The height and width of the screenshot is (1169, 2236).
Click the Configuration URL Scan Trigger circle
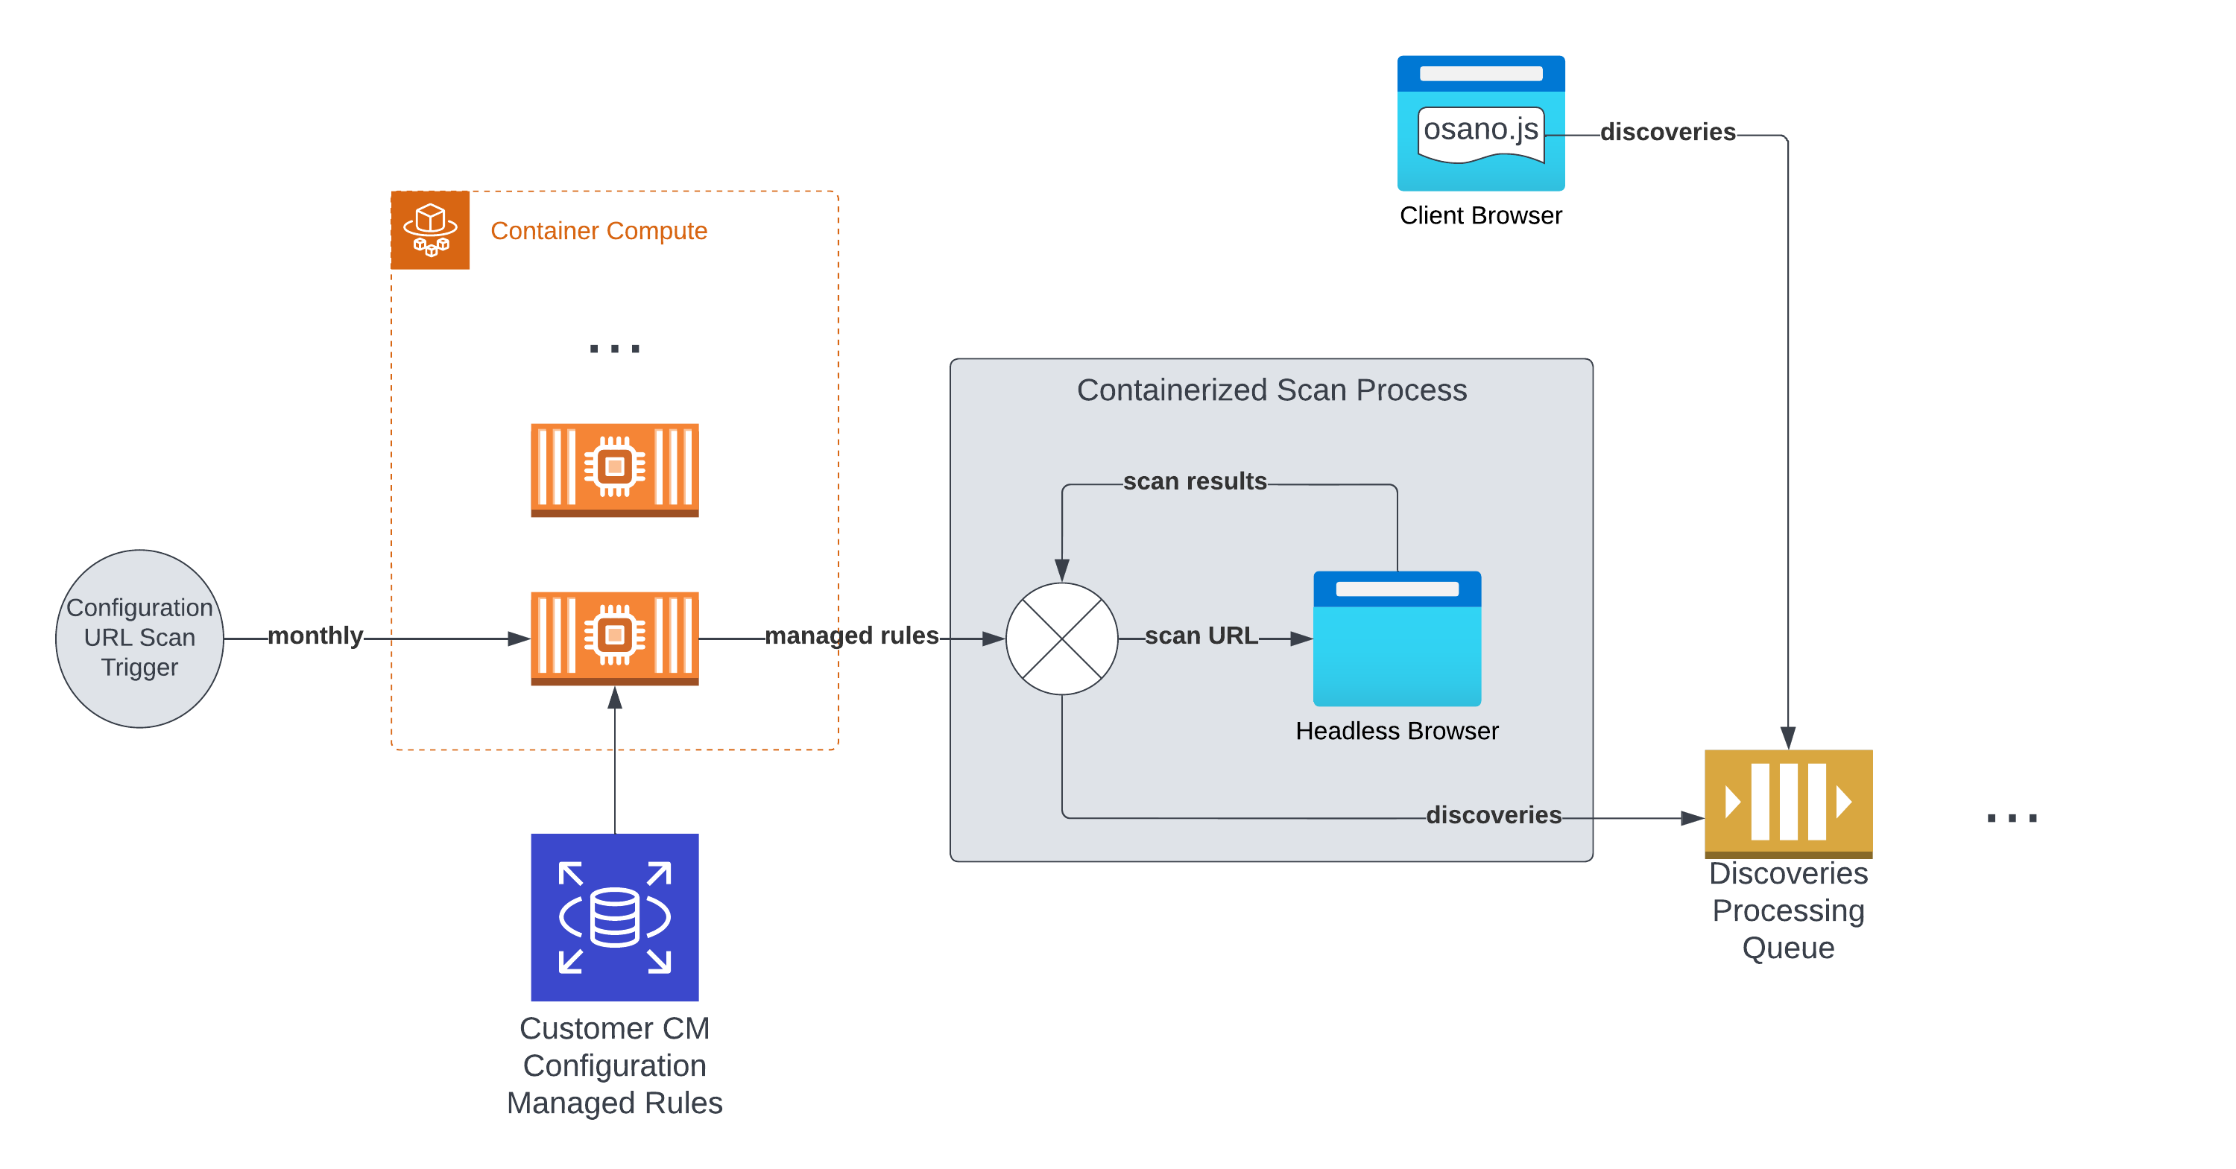click(x=139, y=638)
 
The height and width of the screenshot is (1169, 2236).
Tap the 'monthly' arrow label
click(x=315, y=636)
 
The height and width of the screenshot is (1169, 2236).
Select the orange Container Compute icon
click(x=429, y=230)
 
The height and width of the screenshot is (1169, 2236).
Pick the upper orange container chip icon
click(x=615, y=469)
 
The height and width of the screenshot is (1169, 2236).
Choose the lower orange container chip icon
click(x=615, y=638)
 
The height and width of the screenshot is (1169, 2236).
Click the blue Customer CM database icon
click(x=615, y=916)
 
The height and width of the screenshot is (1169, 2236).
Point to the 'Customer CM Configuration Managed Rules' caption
click(x=615, y=1065)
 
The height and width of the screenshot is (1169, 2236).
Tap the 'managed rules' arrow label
click(x=851, y=636)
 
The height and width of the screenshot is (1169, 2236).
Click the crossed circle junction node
click(x=1061, y=638)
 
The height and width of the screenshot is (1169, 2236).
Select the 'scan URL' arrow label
click(x=1201, y=636)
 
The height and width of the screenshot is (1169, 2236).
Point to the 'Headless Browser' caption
click(x=1397, y=731)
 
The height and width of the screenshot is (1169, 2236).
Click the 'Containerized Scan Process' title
click(x=1272, y=390)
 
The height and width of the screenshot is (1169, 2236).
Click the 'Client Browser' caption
click(x=1481, y=215)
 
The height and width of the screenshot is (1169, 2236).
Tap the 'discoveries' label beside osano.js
click(x=1667, y=132)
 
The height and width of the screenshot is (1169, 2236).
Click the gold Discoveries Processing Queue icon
click(x=1788, y=802)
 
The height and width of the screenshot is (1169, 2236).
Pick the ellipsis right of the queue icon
click(x=2011, y=817)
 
